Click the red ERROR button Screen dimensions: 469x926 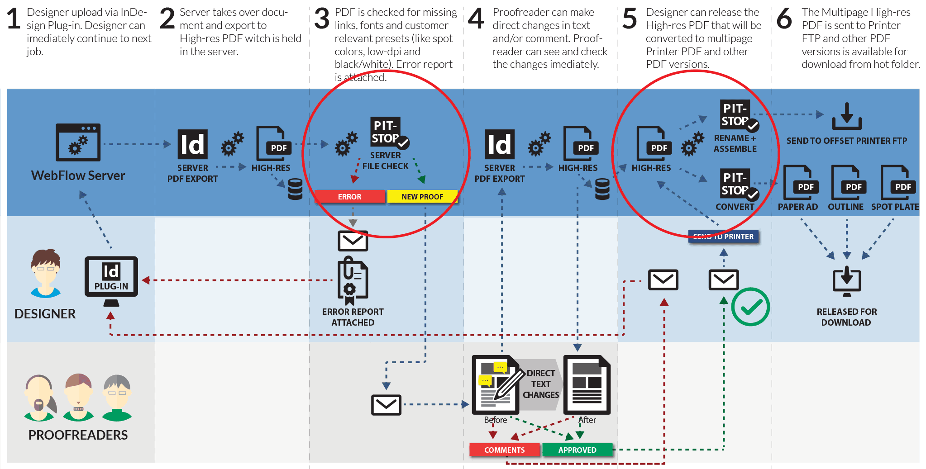coord(349,197)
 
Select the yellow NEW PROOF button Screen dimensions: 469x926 coord(422,197)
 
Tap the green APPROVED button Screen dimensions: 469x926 coord(577,450)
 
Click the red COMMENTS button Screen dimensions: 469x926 coord(505,450)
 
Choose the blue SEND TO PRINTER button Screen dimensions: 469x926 coord(723,237)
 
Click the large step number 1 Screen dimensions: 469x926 coord(14,19)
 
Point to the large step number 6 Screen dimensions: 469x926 coord(784,19)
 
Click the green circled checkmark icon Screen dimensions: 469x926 coord(750,307)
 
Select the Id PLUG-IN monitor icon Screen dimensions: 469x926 coord(111,277)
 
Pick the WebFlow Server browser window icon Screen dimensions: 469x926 coord(78,142)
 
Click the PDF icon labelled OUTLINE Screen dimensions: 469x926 coord(846,183)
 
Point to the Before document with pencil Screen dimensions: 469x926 coord(496,384)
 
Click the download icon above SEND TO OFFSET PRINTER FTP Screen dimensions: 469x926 coord(846,117)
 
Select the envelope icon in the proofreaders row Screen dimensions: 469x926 coord(386,405)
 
